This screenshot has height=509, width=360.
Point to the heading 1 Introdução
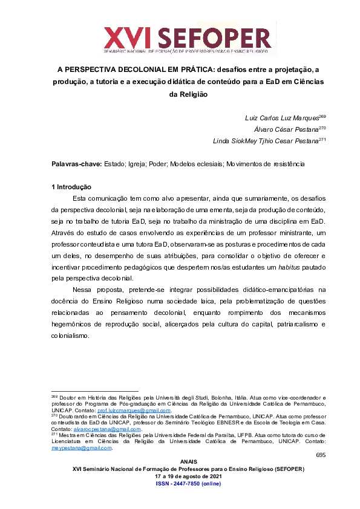[x=71, y=187]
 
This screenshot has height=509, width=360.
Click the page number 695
[x=320, y=455]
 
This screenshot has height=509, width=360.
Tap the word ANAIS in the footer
[x=180, y=462]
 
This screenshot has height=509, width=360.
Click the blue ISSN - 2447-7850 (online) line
[x=180, y=484]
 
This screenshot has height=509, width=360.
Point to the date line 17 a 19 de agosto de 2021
[x=180, y=477]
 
